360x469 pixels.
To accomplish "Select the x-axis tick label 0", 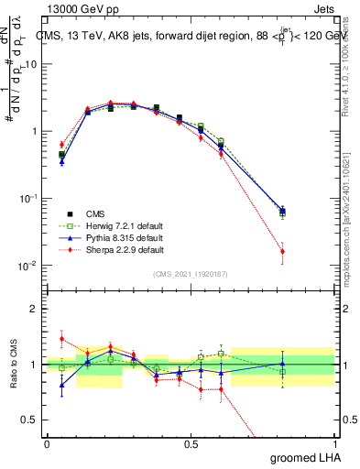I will [47, 443].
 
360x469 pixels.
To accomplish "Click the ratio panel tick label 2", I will [36, 309].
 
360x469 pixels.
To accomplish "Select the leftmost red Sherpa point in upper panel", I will [61, 144].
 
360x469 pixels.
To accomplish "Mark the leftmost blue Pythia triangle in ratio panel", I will [61, 385].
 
